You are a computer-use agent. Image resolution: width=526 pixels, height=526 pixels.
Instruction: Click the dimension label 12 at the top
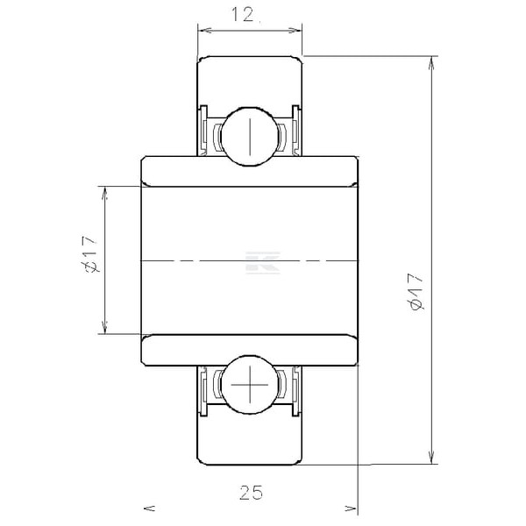(243, 16)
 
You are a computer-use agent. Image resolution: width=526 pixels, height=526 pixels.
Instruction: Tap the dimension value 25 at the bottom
(252, 493)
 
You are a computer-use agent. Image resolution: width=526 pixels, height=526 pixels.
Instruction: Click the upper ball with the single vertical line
(250, 137)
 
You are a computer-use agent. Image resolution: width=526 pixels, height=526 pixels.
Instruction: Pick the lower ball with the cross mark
(250, 385)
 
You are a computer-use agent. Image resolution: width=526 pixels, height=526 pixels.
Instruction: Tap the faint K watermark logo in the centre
(263, 263)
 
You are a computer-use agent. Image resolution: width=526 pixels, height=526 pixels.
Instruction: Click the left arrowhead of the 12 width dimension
(204, 31)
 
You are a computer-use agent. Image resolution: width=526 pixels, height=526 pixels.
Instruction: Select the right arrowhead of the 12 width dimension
(295, 31)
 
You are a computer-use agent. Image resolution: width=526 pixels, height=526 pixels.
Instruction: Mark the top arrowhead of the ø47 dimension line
(432, 63)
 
